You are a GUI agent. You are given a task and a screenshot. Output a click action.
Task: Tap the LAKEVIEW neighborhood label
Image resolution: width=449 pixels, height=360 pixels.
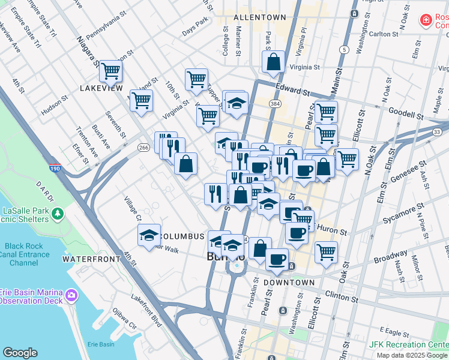[101, 88]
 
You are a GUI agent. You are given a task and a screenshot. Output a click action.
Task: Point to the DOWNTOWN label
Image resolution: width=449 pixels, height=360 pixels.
[289, 282]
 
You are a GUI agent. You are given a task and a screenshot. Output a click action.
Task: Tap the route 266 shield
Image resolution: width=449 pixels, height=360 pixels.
[143, 148]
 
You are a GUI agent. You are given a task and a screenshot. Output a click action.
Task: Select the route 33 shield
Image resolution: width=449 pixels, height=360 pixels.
[437, 131]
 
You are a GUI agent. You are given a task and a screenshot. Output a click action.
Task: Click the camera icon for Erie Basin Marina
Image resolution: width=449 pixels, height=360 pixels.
[71, 295]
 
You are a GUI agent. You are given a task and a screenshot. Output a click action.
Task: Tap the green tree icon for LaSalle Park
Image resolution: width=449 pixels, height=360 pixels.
[58, 213]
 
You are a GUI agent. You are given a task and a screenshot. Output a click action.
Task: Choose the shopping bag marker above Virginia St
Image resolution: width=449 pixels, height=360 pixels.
[273, 62]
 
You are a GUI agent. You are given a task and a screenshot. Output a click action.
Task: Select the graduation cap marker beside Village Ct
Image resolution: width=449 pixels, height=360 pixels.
[149, 235]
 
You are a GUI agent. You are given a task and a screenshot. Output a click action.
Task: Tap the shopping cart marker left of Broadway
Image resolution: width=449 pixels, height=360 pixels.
[326, 251]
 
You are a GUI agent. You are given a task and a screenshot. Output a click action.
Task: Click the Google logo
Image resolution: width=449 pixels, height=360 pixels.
[20, 353]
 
